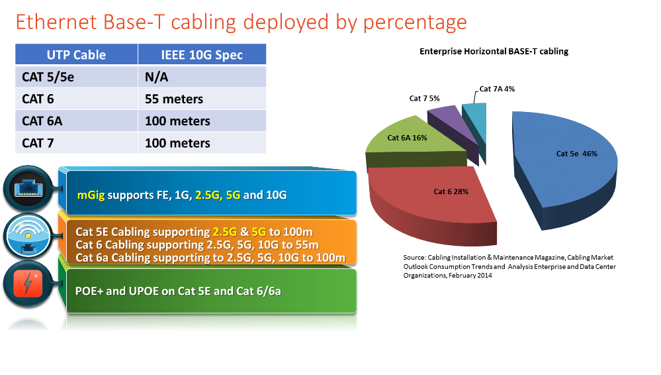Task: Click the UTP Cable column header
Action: pyautogui.click(x=76, y=55)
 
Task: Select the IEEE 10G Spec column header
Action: pyautogui.click(x=202, y=55)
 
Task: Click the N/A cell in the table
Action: pyautogui.click(x=157, y=78)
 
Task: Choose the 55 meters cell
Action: pyautogui.click(x=174, y=99)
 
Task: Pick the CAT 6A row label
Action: pyautogui.click(x=43, y=121)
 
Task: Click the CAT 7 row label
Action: pyautogui.click(x=38, y=143)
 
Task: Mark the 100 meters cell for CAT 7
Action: pyautogui.click(x=177, y=143)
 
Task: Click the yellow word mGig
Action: pyautogui.click(x=91, y=195)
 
